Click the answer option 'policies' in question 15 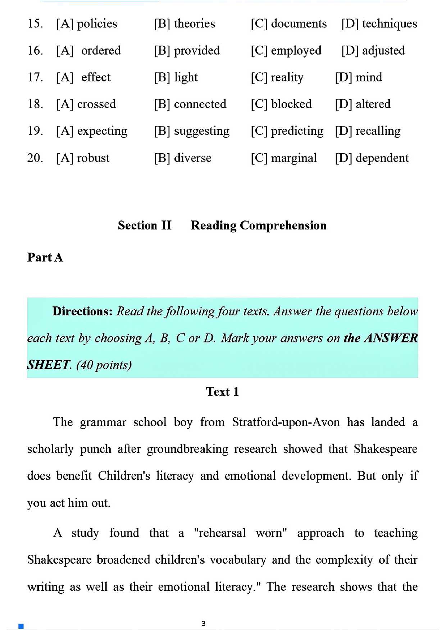click(x=97, y=24)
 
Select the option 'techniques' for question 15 click(x=390, y=24)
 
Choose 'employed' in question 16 click(x=296, y=51)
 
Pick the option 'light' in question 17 click(x=186, y=78)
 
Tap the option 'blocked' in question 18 click(x=291, y=104)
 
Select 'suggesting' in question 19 click(x=201, y=131)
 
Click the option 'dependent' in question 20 click(x=382, y=158)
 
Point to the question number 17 click(x=35, y=78)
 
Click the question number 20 click(x=35, y=158)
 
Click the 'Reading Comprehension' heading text click(x=258, y=225)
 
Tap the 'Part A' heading click(x=45, y=257)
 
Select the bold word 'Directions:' click(x=83, y=311)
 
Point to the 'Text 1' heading click(x=222, y=392)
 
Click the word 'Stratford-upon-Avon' click(x=286, y=422)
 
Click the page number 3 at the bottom click(x=204, y=624)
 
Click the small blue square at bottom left click(x=21, y=626)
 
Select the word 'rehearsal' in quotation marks click(x=222, y=533)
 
